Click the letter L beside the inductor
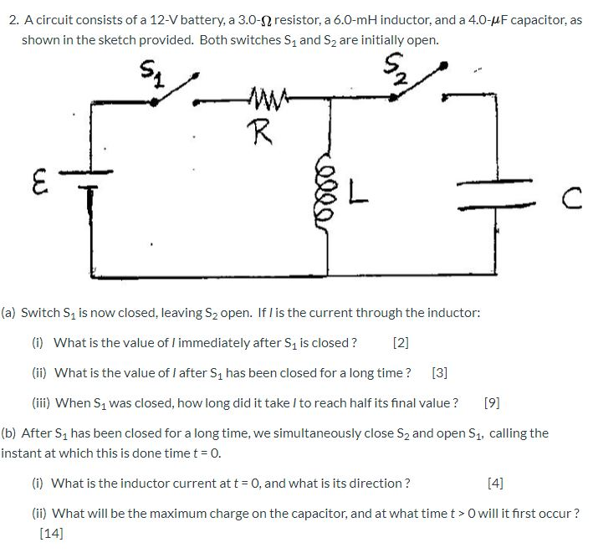[x=356, y=197]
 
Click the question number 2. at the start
[x=13, y=19]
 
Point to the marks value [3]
[x=440, y=372]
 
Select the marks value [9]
[x=492, y=402]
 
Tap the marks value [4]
[x=495, y=483]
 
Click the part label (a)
[x=9, y=312]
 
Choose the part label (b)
[x=9, y=433]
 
